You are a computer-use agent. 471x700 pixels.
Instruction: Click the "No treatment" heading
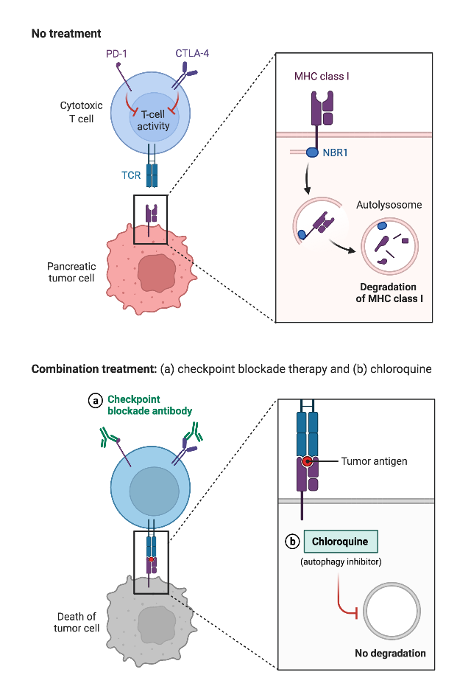[x=66, y=33]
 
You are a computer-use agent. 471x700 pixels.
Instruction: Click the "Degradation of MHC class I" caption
[x=388, y=293]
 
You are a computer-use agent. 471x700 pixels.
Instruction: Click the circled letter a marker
[x=95, y=401]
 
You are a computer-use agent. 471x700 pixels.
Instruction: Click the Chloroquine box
[x=340, y=542]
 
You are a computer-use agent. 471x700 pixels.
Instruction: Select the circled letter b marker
[x=292, y=542]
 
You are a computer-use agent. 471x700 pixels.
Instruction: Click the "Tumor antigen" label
[x=374, y=462]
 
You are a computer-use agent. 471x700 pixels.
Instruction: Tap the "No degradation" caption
[x=390, y=653]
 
